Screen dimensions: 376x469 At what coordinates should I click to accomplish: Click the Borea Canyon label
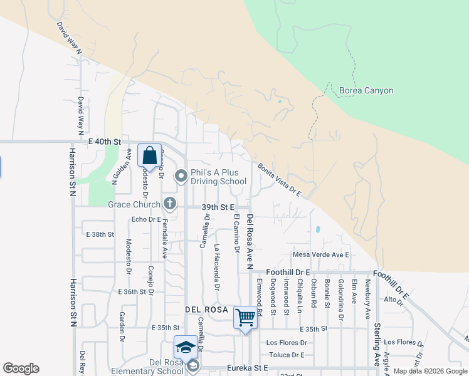(x=366, y=91)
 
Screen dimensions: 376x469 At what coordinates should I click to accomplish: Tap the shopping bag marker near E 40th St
(x=150, y=155)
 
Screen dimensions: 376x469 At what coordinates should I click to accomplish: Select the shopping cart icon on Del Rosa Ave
(x=245, y=316)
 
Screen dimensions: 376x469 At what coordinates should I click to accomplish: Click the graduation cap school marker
(x=186, y=347)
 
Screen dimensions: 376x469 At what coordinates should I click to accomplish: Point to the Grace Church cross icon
(x=169, y=203)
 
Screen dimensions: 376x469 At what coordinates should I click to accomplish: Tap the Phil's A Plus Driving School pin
(x=181, y=177)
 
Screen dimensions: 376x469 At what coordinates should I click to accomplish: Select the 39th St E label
(x=218, y=206)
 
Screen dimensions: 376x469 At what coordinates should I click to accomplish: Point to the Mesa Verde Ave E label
(x=320, y=254)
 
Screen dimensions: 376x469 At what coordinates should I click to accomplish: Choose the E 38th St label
(x=100, y=234)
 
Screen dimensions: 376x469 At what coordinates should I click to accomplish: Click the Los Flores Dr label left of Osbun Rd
(x=287, y=343)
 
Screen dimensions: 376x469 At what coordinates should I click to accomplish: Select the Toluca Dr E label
(x=285, y=355)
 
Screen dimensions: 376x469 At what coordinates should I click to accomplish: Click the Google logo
(x=21, y=368)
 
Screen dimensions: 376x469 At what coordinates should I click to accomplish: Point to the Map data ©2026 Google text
(x=429, y=371)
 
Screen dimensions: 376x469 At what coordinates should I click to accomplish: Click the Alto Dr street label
(x=393, y=300)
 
